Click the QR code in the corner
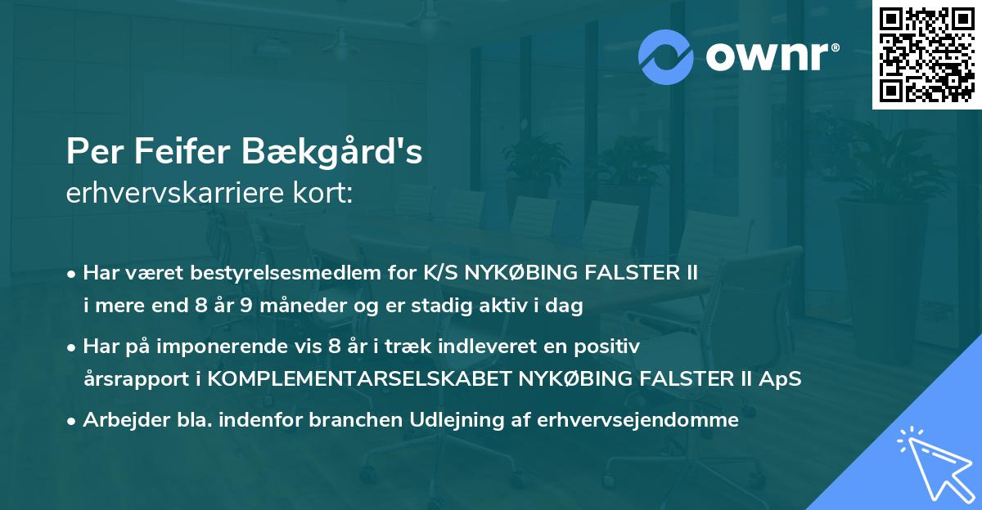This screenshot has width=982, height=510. (x=926, y=55)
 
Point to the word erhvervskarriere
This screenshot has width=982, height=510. (x=172, y=194)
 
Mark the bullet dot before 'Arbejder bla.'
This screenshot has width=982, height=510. (x=73, y=421)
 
